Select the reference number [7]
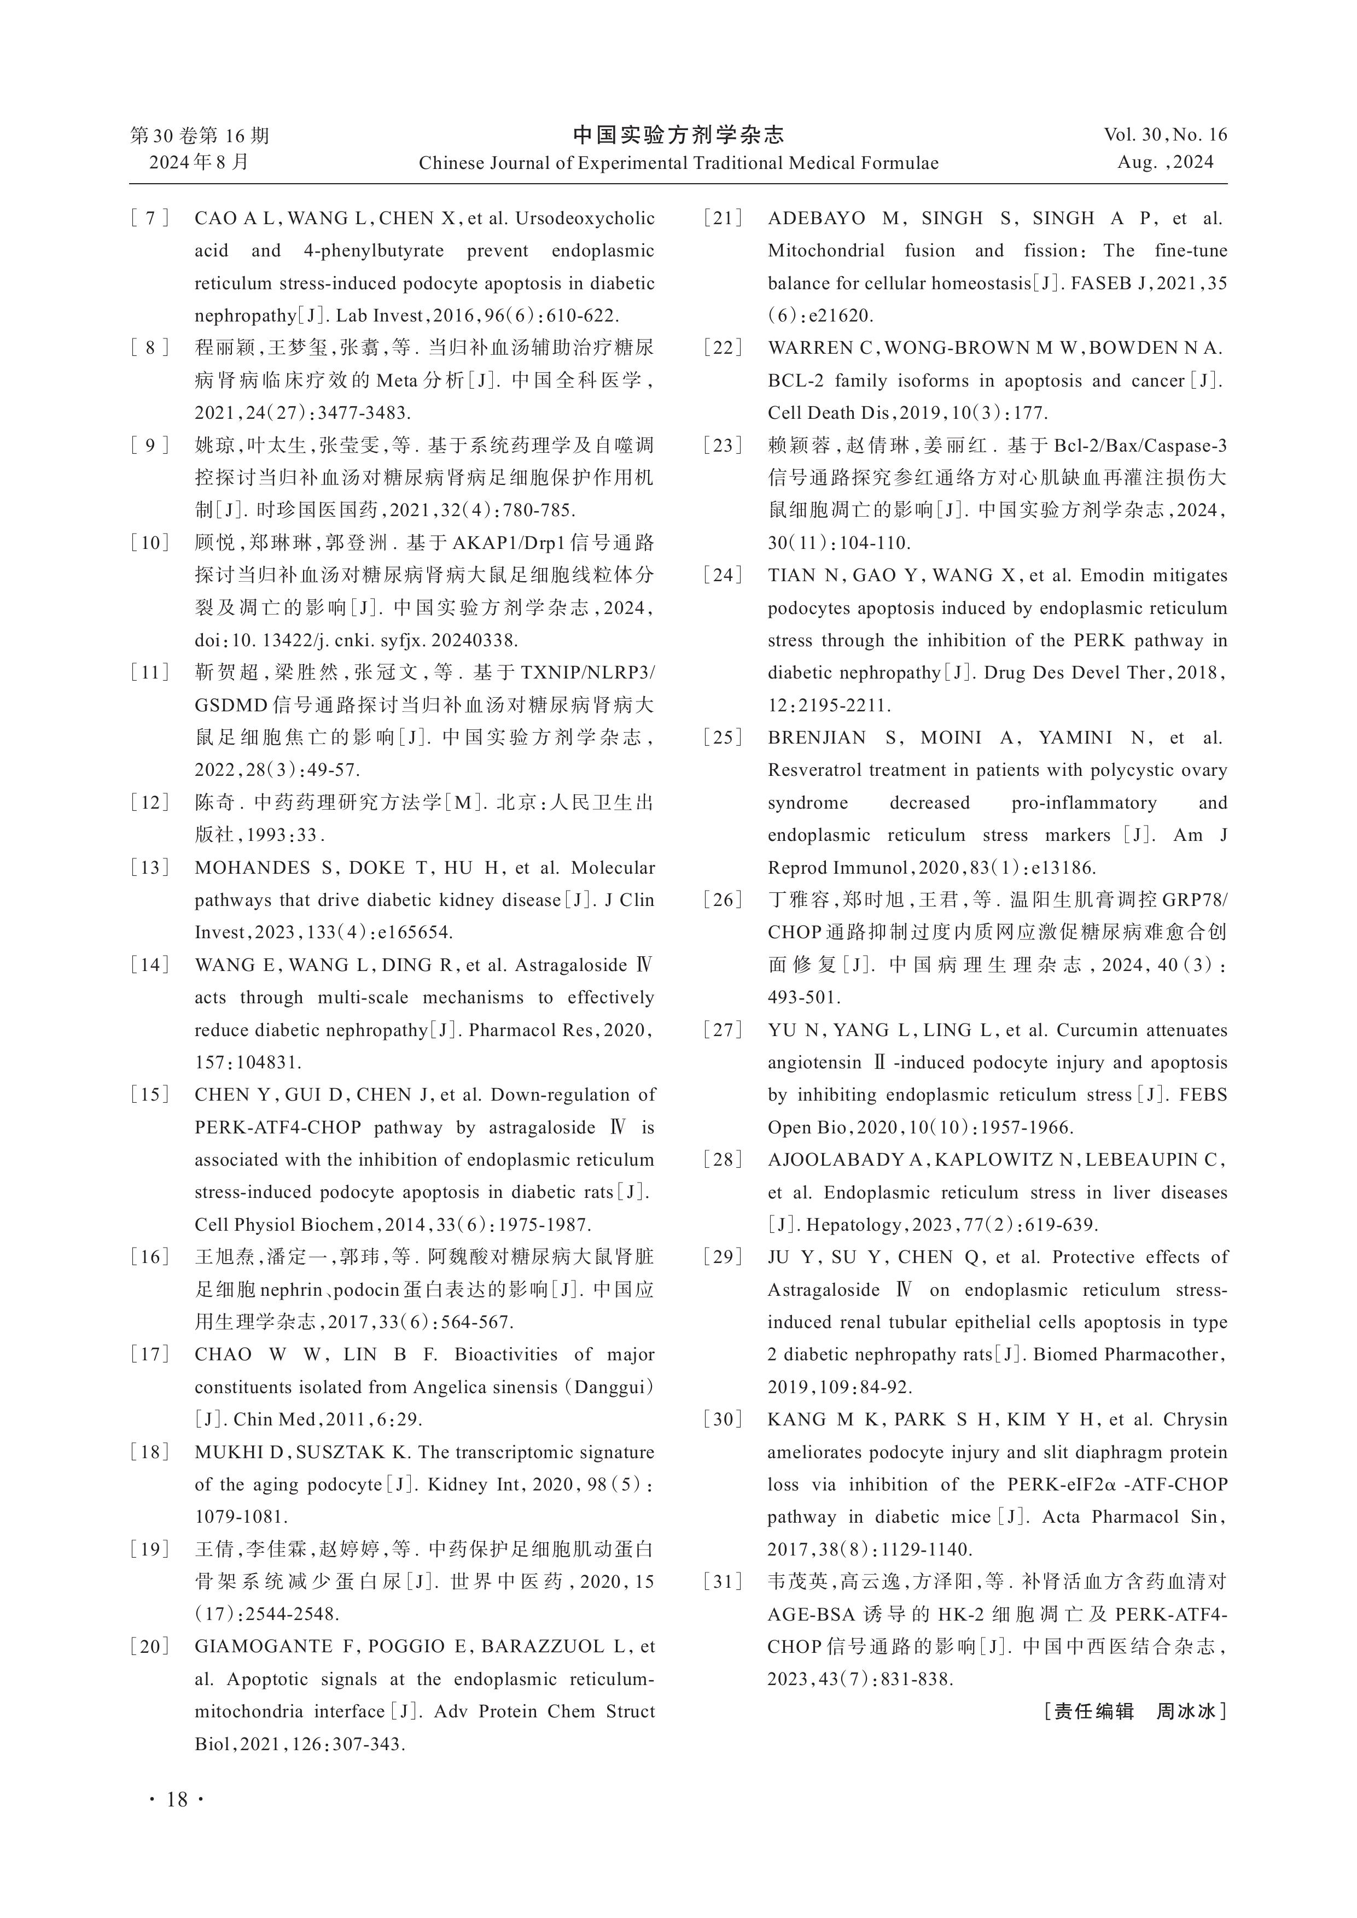click(150, 219)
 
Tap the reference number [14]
click(150, 966)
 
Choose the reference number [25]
click(724, 738)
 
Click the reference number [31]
click(724, 1581)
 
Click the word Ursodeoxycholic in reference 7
click(585, 219)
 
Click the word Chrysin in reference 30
click(1196, 1419)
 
